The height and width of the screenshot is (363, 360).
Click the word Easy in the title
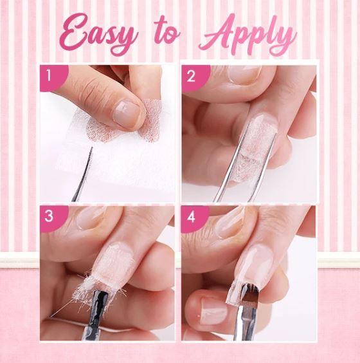pos(99,35)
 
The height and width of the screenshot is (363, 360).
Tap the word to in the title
pos(167,32)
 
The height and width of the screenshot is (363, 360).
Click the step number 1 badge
pos(53,77)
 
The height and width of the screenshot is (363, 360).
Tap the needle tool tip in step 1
pos(91,147)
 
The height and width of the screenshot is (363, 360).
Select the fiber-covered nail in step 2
pos(256,148)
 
